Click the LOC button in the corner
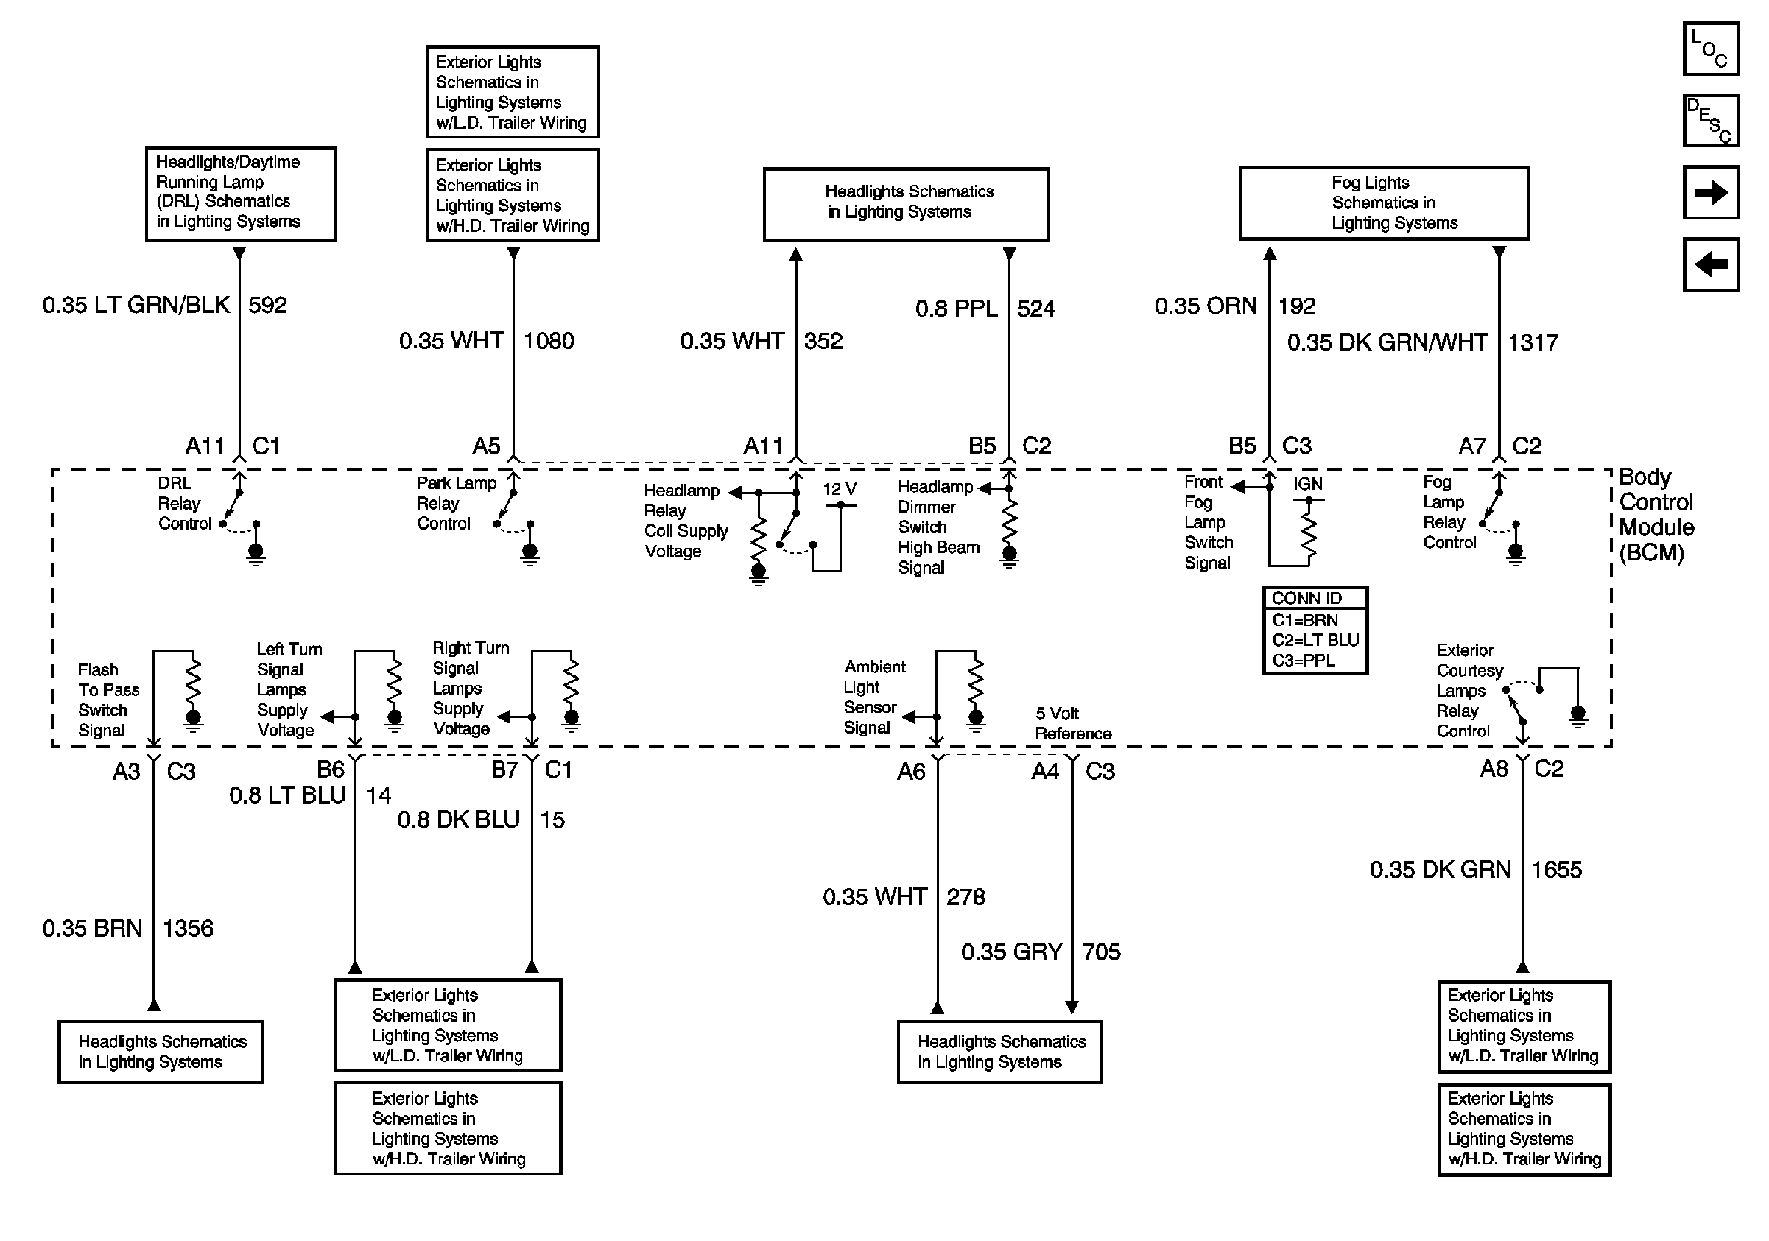(x=1709, y=49)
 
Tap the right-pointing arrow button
(x=1709, y=191)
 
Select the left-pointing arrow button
(x=1709, y=264)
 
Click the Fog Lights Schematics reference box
(x=1383, y=203)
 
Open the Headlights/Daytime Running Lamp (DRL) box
(x=240, y=194)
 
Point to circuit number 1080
(x=549, y=340)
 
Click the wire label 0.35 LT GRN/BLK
(x=136, y=305)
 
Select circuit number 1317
(x=1533, y=342)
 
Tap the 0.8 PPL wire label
(x=955, y=309)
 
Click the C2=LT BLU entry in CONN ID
(x=1315, y=640)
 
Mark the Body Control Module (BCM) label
(x=1656, y=515)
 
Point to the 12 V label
(x=839, y=489)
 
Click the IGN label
(x=1307, y=484)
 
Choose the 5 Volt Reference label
(x=1072, y=723)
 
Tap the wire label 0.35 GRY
(x=1011, y=952)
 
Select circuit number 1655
(x=1556, y=870)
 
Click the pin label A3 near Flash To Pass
(x=127, y=771)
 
